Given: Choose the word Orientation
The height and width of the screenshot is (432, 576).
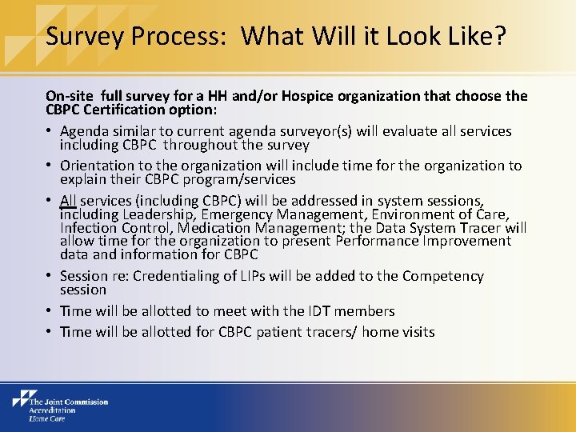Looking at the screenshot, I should pyautogui.click(x=98, y=166).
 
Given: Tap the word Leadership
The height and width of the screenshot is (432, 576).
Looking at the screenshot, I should pyautogui.click(x=168, y=214).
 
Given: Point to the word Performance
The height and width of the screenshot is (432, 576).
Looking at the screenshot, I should pyautogui.click(x=374, y=241).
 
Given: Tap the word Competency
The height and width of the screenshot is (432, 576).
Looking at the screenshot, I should pyautogui.click(x=443, y=276).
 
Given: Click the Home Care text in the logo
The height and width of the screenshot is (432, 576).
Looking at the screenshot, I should pyautogui.click(x=47, y=418).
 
